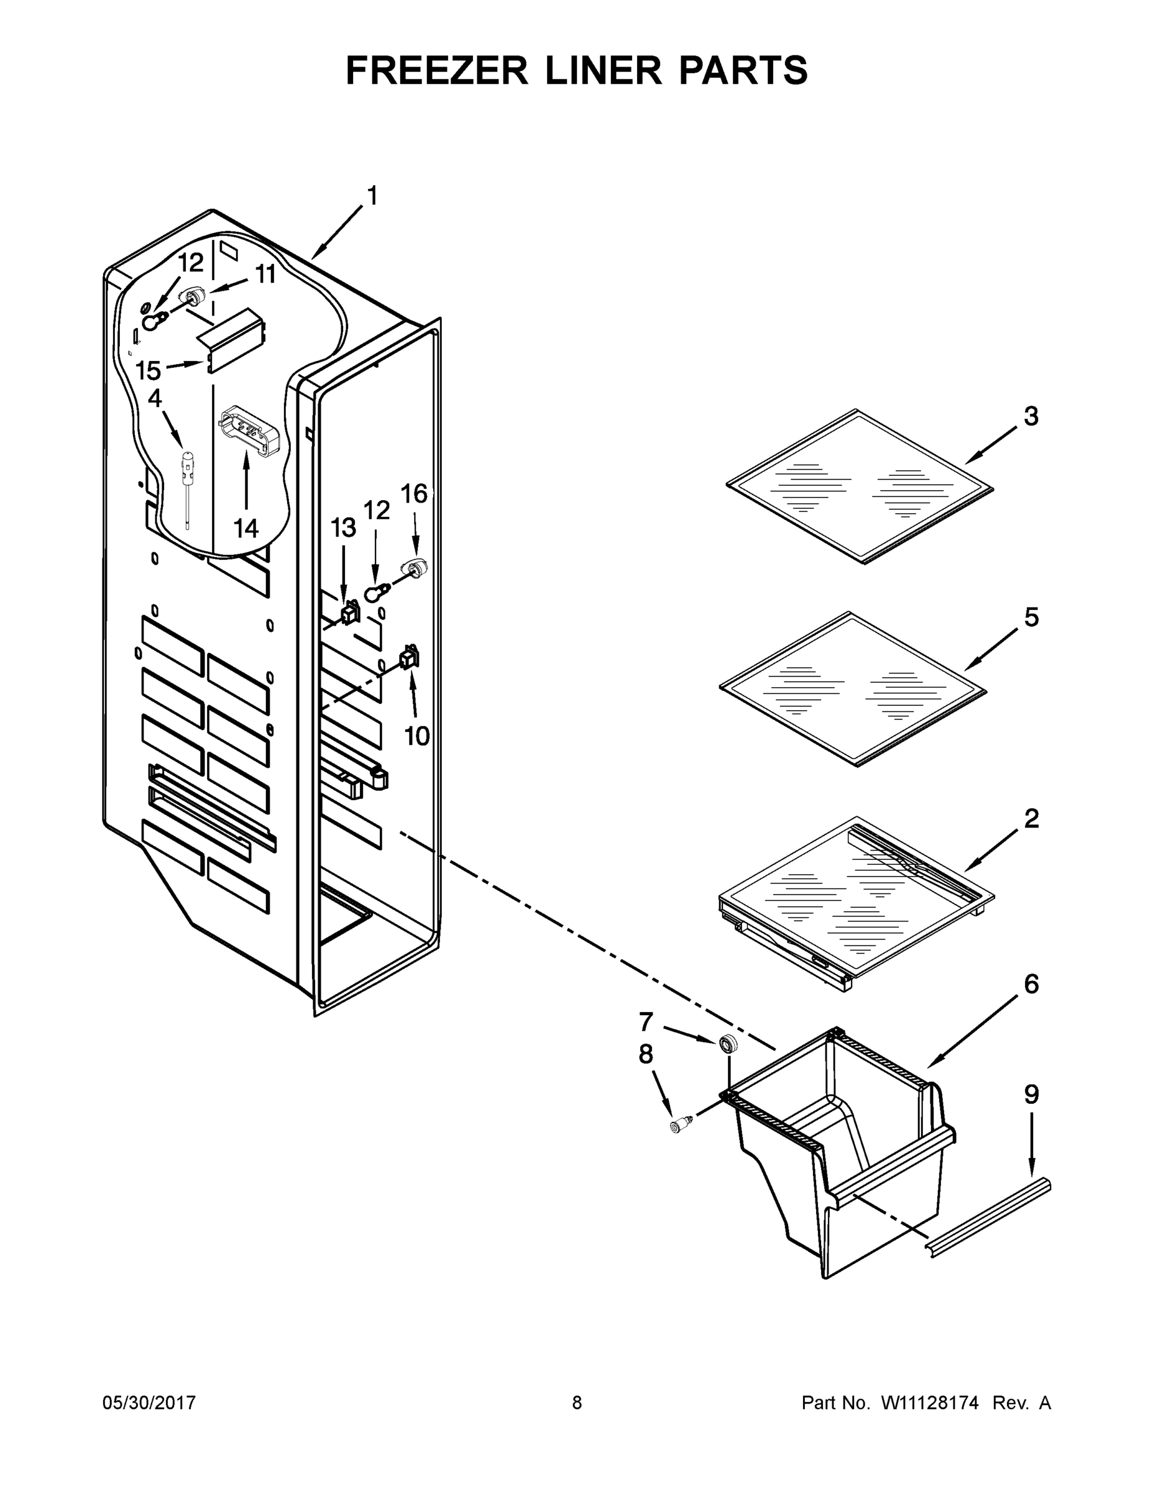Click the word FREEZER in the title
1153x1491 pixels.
point(437,70)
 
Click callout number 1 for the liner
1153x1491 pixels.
point(372,196)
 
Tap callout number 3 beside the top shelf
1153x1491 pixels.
point(1031,416)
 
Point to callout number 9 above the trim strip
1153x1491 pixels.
point(1031,1095)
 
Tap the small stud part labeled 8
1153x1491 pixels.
point(681,1125)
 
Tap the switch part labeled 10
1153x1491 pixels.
point(408,657)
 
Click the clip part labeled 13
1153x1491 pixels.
point(351,612)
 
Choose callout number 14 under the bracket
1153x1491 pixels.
point(246,527)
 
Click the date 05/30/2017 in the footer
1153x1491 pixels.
point(149,1403)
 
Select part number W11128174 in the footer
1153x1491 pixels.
point(930,1403)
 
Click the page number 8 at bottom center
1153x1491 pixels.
point(577,1403)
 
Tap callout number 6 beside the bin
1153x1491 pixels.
point(1031,984)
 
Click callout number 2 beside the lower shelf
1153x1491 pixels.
point(1031,818)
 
